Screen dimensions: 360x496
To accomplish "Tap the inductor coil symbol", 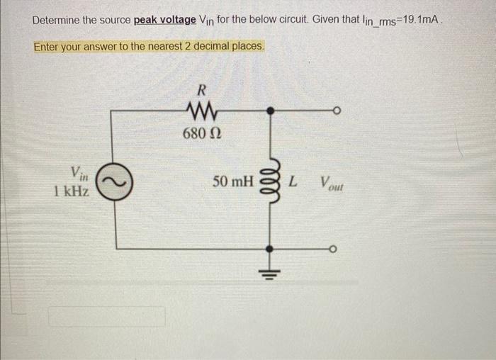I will coord(270,182).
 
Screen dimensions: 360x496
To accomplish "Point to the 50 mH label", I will coord(232,182).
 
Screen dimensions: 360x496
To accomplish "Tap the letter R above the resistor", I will coord(201,90).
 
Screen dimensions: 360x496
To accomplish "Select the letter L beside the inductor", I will coord(293,182).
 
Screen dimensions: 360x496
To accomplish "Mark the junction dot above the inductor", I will coord(270,110).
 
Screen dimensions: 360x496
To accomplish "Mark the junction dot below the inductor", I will coord(270,248).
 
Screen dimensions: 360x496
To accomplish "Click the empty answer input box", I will coord(107,316).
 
